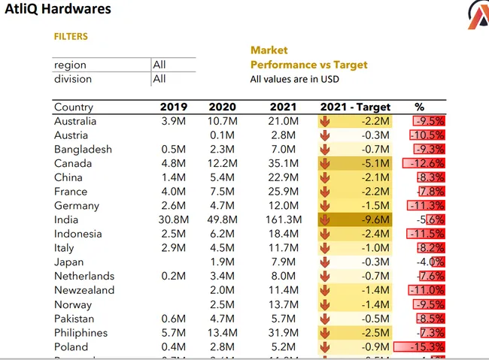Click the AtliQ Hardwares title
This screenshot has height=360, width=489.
tap(58, 10)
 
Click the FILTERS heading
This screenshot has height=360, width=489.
tap(71, 36)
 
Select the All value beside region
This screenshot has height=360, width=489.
tap(159, 65)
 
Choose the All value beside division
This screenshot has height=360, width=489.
tap(159, 78)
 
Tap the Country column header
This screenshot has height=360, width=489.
tap(74, 107)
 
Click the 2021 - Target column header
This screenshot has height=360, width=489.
tap(356, 107)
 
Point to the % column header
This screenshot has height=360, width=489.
tap(419, 107)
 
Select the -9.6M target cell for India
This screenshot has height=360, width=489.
tap(374, 219)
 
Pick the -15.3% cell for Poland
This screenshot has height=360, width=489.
tap(425, 346)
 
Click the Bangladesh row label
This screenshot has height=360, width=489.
tap(83, 149)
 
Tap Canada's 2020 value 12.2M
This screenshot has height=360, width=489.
tap(222, 163)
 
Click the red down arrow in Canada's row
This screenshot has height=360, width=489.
tap(325, 163)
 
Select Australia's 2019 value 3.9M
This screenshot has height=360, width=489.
tap(174, 121)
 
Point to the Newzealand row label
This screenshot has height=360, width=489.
tap(84, 290)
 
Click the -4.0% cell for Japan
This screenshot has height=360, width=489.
tap(430, 262)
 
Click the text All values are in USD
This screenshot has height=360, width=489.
tap(295, 79)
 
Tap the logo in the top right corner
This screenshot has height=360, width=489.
tap(478, 15)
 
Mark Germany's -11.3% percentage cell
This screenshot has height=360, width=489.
tap(427, 205)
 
